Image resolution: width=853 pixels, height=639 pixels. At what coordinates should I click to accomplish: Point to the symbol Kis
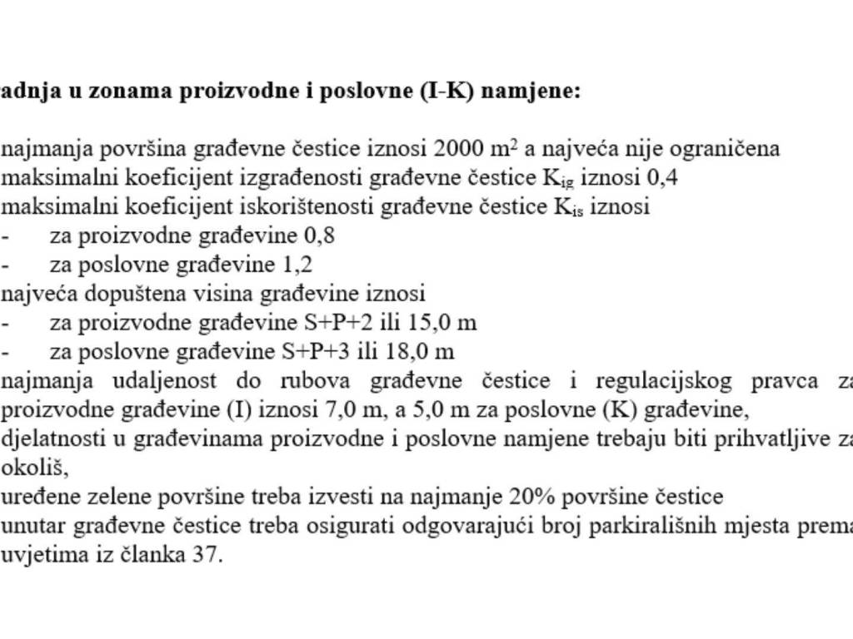click(x=571, y=207)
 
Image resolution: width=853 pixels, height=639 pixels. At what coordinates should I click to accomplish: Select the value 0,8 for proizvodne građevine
click(x=321, y=235)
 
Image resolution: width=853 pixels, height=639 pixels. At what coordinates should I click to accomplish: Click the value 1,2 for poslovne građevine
click(x=297, y=265)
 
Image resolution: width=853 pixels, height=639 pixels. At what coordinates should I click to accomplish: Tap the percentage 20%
click(x=530, y=497)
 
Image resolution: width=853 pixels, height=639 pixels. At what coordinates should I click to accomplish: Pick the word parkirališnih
click(x=669, y=526)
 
